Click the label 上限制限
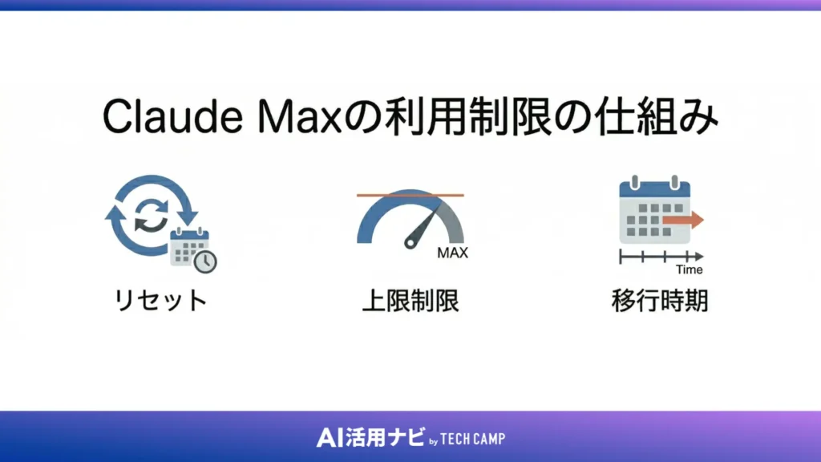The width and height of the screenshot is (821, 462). pyautogui.click(x=410, y=302)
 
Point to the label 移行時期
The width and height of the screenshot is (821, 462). pyautogui.click(x=660, y=302)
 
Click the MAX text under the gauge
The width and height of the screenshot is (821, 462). pyautogui.click(x=452, y=253)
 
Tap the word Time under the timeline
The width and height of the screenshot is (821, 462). pyautogui.click(x=689, y=269)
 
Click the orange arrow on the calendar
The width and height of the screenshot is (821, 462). pyautogui.click(x=686, y=219)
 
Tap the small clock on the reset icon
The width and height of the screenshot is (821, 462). pyautogui.click(x=206, y=261)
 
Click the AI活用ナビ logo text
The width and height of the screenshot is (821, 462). pyautogui.click(x=366, y=438)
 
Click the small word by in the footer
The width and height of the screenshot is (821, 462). pyautogui.click(x=433, y=440)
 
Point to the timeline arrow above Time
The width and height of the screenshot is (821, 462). pyautogui.click(x=661, y=257)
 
